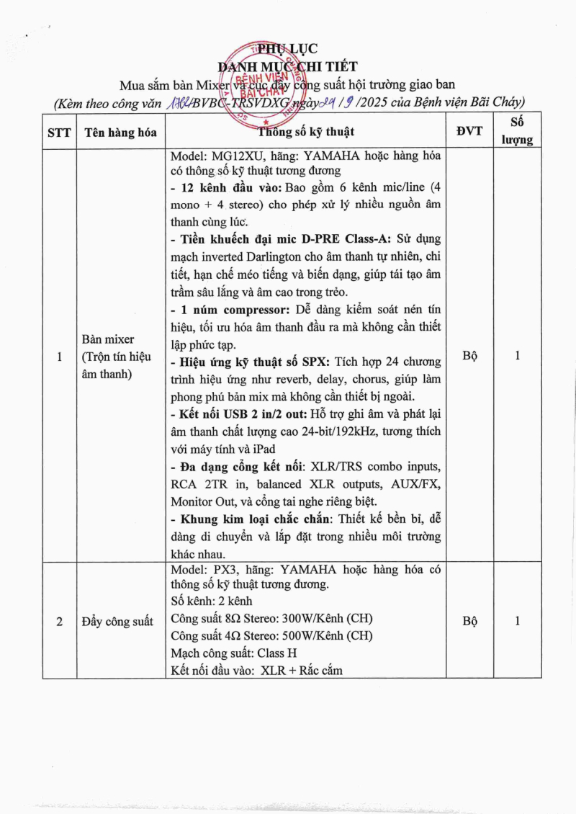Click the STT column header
point(58,133)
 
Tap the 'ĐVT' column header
point(469,131)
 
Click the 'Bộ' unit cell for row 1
point(469,356)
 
